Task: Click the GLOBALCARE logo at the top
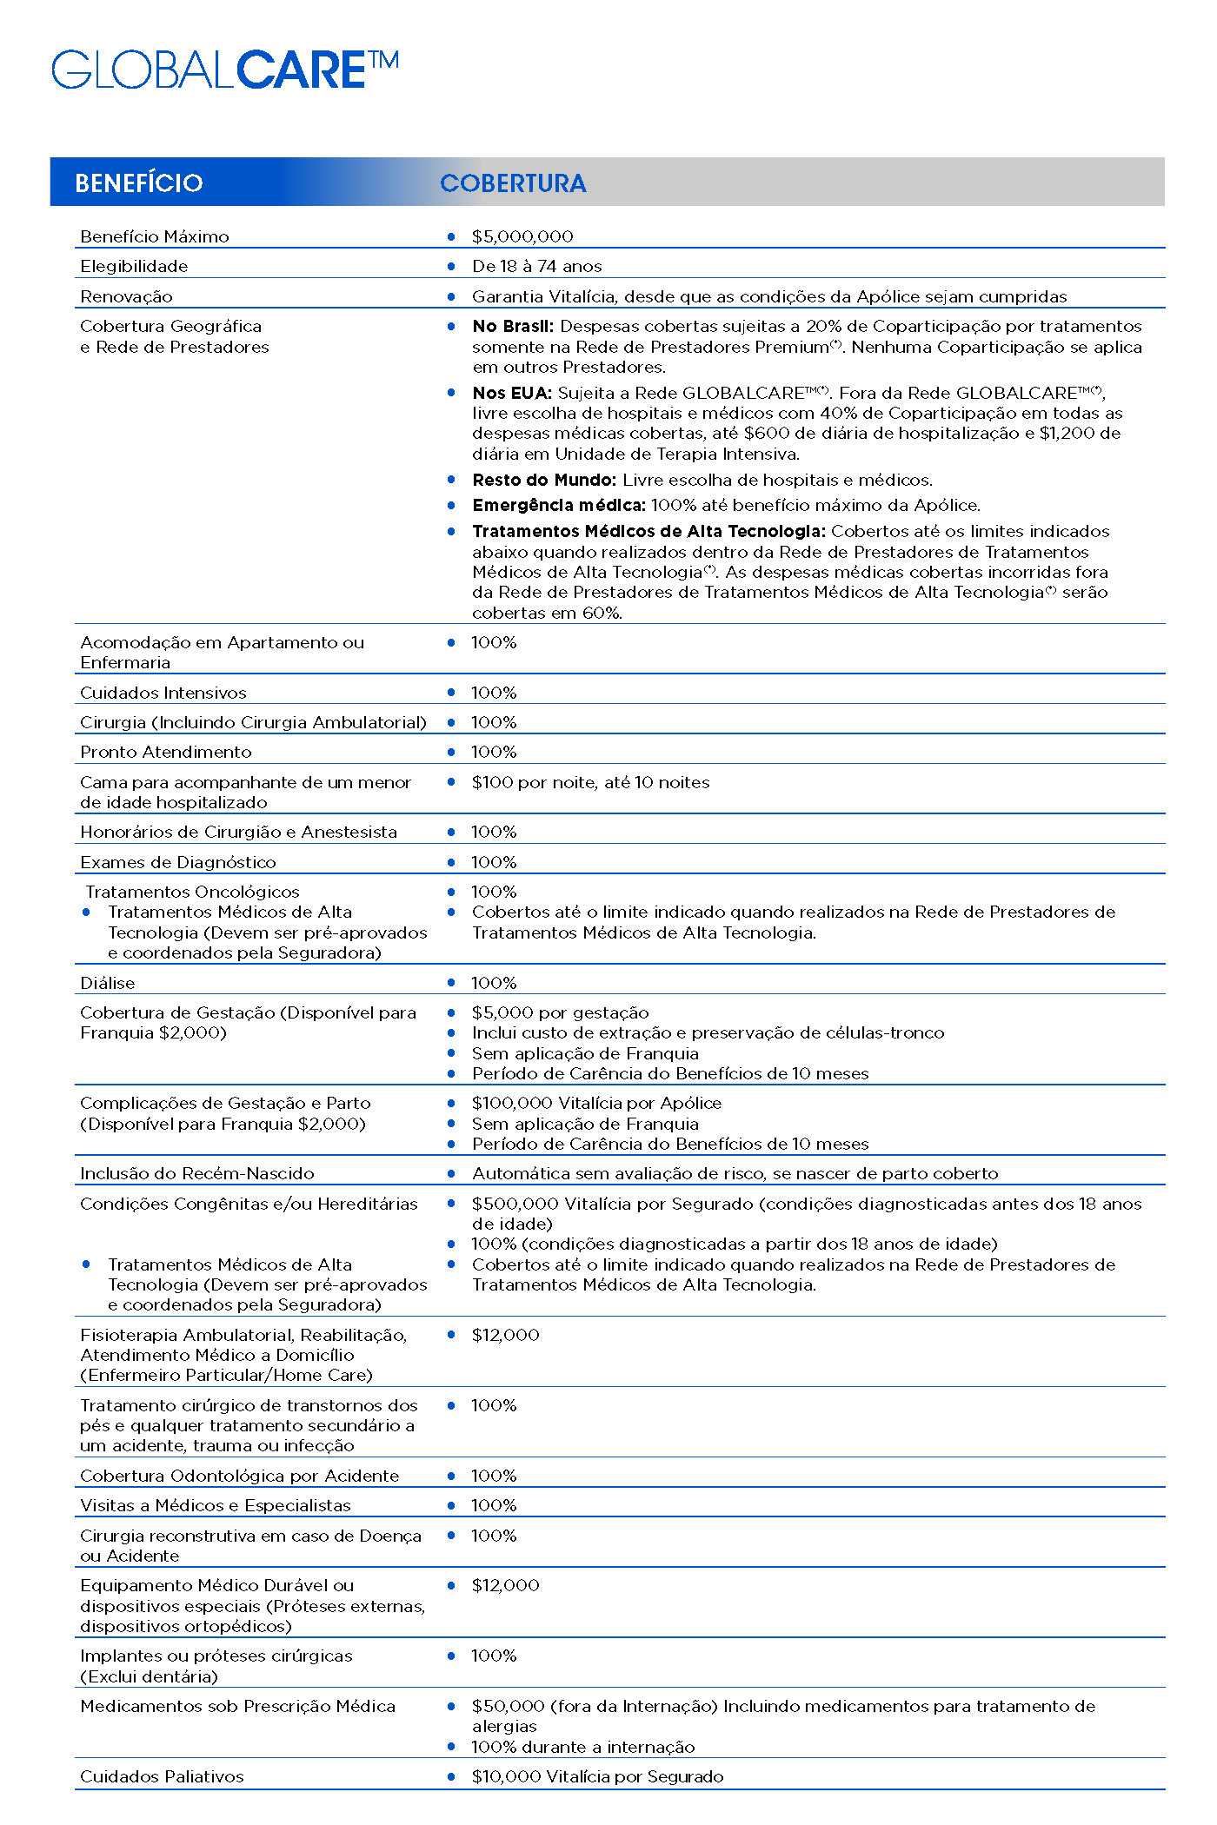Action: click(224, 70)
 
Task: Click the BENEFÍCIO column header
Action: click(139, 183)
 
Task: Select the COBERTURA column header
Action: click(513, 183)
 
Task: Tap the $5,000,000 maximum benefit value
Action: click(522, 236)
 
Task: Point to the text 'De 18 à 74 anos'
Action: click(536, 266)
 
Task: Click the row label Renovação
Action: click(126, 296)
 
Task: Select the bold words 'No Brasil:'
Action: click(513, 327)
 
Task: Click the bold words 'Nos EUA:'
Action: click(512, 393)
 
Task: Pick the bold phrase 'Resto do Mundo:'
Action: click(544, 480)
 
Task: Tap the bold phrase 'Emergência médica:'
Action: click(559, 505)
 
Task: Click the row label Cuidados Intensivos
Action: click(163, 693)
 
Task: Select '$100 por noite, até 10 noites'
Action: click(590, 782)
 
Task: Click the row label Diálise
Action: click(108, 983)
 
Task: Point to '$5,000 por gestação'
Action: click(560, 1012)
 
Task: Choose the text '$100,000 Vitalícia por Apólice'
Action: click(596, 1103)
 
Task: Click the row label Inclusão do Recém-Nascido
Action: click(197, 1173)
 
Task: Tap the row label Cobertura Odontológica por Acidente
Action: click(239, 1476)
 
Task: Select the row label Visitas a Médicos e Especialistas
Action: click(216, 1505)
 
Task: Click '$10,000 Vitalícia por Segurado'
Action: click(597, 1776)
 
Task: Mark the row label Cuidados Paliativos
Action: click(162, 1776)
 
